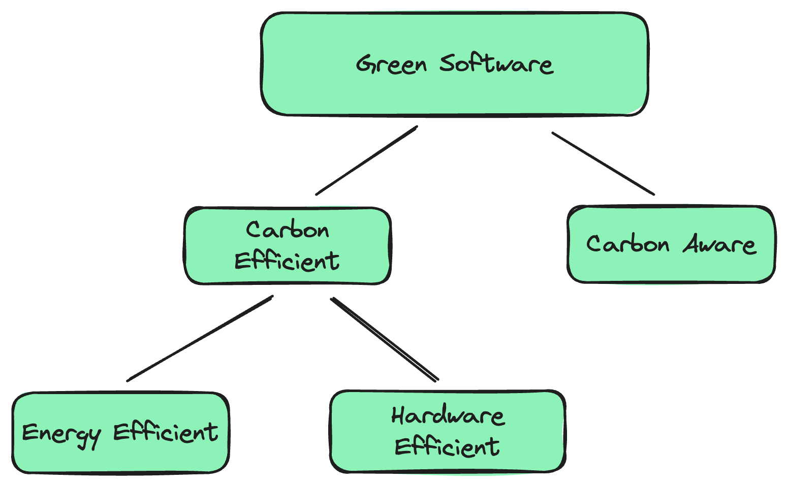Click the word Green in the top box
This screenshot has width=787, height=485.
(x=391, y=65)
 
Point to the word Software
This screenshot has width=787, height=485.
(x=496, y=64)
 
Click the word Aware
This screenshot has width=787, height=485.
(x=719, y=244)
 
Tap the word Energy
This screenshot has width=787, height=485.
(x=61, y=435)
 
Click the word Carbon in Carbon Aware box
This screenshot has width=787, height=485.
(x=628, y=244)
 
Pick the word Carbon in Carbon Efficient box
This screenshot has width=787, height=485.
(x=288, y=230)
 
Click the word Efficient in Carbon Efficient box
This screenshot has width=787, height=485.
(x=287, y=261)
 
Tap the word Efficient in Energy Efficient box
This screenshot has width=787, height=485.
(x=166, y=432)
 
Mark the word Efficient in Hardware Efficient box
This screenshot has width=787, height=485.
(x=448, y=447)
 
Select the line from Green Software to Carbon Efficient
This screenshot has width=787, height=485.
(x=366, y=160)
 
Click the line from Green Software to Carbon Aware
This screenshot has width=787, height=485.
(x=603, y=164)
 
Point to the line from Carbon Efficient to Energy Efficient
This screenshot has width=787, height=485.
(x=200, y=338)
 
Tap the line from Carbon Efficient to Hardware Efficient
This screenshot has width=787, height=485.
(x=385, y=339)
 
